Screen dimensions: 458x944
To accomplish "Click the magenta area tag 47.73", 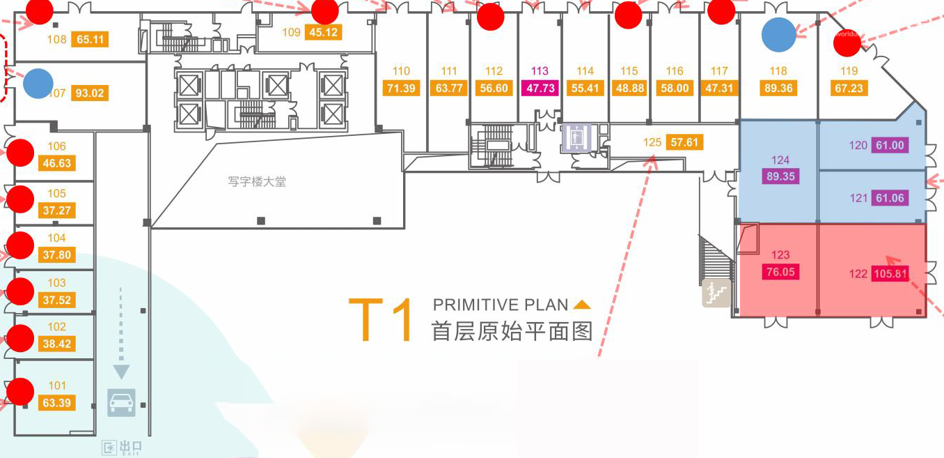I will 540,89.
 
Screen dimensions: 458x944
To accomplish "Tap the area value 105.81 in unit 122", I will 891,274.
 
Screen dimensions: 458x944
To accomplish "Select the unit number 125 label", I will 652,142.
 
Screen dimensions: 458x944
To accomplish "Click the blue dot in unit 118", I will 778,35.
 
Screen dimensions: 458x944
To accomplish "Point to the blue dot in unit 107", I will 38,84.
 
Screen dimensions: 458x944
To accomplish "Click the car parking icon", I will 121,402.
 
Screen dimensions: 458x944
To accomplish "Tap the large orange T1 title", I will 381,320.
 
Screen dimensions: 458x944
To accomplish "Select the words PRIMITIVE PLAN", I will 501,305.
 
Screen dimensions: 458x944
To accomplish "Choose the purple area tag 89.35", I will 780,176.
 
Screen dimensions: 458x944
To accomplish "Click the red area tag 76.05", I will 780,272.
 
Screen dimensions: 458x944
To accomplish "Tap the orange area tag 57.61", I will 684,142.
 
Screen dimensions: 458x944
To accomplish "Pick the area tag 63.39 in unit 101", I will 57,403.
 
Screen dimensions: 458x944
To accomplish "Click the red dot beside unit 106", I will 20,152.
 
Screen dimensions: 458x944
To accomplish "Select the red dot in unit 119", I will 847,45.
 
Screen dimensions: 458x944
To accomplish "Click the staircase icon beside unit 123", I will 716,293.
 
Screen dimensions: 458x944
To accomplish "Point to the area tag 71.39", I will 401,89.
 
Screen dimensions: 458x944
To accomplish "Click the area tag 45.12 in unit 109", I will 323,32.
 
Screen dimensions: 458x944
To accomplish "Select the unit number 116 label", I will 675,71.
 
